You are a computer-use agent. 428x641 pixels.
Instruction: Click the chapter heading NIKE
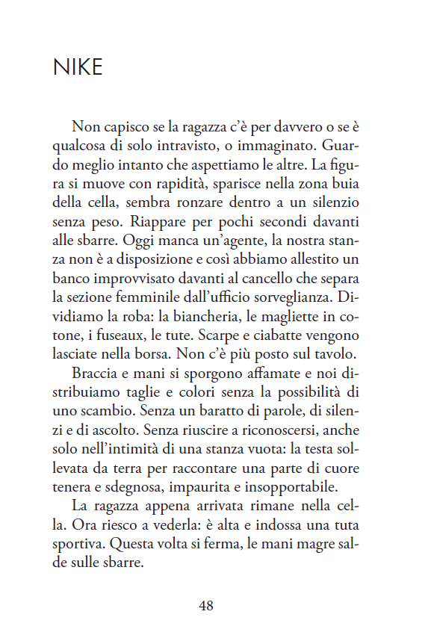[78, 68]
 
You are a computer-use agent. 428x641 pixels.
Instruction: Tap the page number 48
[206, 605]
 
